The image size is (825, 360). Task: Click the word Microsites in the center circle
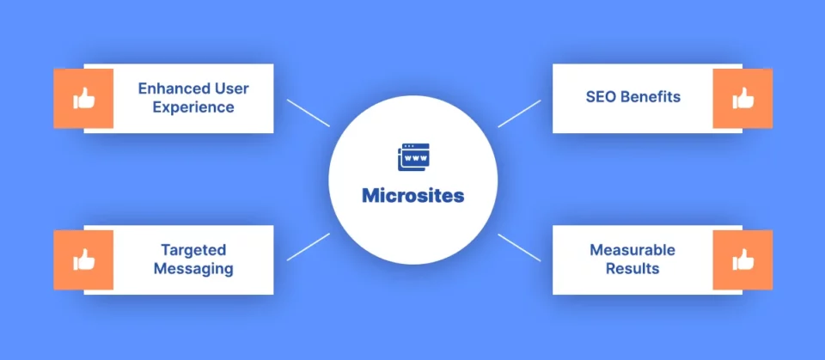(x=413, y=196)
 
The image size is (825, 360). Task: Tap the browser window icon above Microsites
(x=413, y=157)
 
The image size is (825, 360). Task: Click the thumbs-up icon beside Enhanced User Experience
(x=83, y=99)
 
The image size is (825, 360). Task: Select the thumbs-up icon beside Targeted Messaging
(x=83, y=259)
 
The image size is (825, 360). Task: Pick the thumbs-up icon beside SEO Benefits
(x=742, y=99)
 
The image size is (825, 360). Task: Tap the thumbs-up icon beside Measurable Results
(x=742, y=259)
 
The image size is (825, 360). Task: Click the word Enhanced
(x=169, y=88)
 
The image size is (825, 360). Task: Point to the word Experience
(x=193, y=107)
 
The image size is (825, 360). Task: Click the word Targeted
(x=193, y=249)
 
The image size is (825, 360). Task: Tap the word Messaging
(x=193, y=269)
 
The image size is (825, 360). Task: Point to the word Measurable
(x=632, y=249)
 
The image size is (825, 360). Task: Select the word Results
(x=632, y=269)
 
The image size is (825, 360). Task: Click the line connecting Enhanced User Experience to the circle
(x=309, y=113)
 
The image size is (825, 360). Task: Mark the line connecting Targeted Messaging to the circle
(x=309, y=247)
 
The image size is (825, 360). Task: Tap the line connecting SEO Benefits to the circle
(x=519, y=113)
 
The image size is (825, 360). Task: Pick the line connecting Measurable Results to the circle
(x=519, y=247)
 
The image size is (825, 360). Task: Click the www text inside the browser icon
(x=414, y=158)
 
